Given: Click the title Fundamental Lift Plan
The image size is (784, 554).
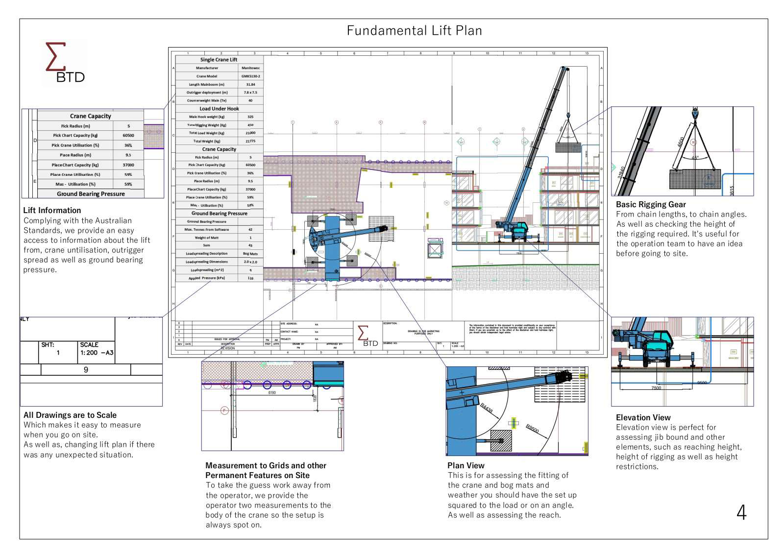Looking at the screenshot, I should click(414, 31).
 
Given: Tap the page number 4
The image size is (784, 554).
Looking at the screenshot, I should click(741, 512).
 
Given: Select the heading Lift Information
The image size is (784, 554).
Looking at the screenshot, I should click(52, 210).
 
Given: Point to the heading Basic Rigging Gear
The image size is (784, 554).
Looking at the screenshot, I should click(651, 204).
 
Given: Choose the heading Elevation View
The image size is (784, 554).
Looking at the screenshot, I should click(643, 417).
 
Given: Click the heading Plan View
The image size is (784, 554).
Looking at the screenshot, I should click(465, 465).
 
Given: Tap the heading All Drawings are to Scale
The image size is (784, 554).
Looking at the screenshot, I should click(70, 415).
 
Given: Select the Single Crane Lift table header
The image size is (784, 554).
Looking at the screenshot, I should click(219, 59).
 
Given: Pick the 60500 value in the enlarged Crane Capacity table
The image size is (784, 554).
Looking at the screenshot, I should click(128, 135).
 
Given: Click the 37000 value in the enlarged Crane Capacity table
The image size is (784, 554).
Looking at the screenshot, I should click(128, 165).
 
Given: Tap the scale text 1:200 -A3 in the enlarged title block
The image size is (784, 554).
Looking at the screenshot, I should click(97, 353).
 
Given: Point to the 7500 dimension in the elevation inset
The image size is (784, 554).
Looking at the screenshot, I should click(656, 388).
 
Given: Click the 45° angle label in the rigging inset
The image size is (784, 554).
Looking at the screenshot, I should click(695, 158).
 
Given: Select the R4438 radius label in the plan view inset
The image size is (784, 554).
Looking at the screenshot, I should click(487, 408).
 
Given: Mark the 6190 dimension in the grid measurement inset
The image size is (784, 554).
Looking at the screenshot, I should click(272, 392).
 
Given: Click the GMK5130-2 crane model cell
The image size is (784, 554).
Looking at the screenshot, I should click(250, 76).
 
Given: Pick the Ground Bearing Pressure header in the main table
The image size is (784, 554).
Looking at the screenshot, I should click(219, 213).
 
